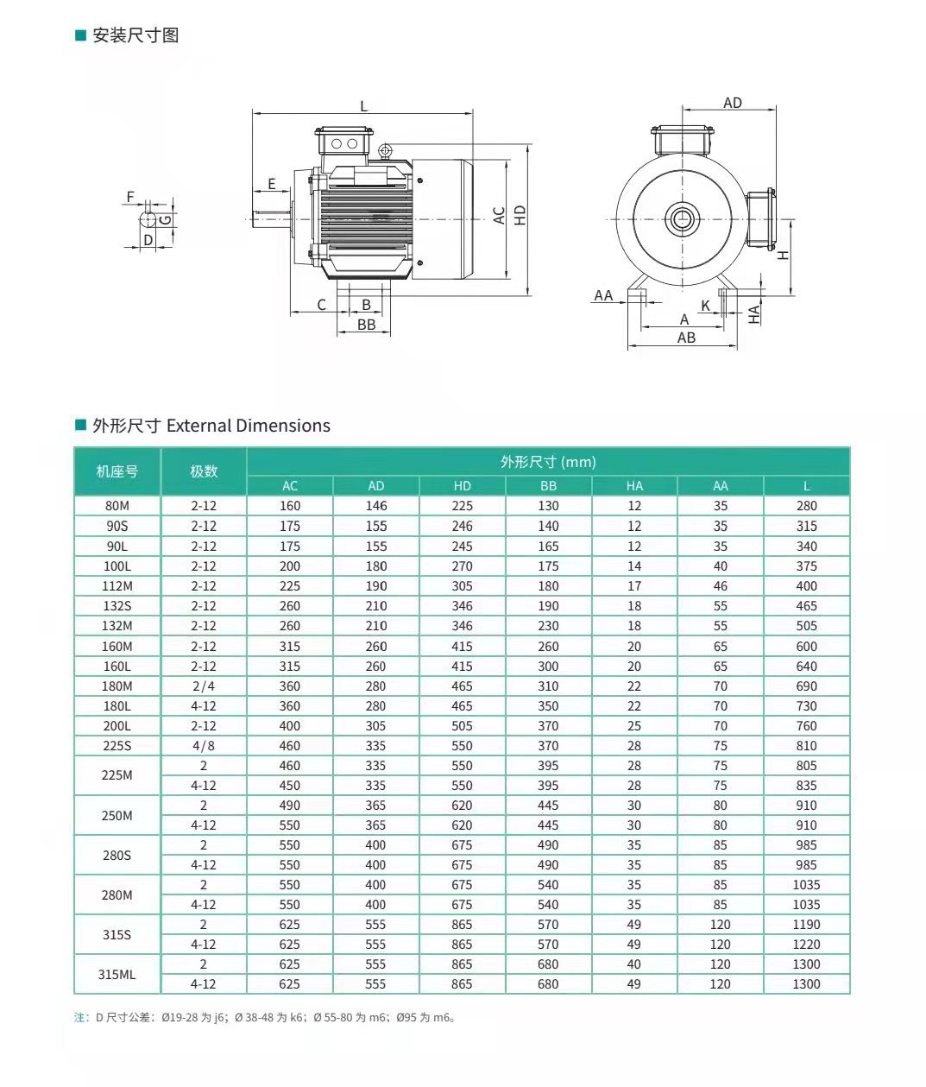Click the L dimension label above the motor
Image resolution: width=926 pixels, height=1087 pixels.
[363, 106]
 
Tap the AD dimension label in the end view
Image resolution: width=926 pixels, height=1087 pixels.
[732, 103]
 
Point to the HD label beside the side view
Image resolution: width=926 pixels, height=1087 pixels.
[520, 215]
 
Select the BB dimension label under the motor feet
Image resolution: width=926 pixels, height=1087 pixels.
[366, 325]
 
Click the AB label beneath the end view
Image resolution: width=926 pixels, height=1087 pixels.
[686, 338]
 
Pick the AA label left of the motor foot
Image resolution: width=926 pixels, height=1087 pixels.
[603, 295]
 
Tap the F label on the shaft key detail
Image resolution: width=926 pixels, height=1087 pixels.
[131, 197]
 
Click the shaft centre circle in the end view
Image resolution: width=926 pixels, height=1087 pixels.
[682, 218]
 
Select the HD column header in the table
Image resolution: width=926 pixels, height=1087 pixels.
[462, 486]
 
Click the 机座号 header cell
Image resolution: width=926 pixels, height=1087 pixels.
[117, 471]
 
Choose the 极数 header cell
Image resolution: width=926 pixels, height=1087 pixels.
[204, 471]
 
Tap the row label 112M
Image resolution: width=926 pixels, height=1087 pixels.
[117, 586]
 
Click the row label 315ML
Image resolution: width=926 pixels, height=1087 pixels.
[117, 974]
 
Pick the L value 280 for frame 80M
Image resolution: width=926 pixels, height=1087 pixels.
[806, 506]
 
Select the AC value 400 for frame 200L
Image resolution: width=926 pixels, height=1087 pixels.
[290, 726]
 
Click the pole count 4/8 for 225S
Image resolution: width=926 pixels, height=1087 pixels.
[204, 746]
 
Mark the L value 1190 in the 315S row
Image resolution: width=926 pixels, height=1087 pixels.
[806, 925]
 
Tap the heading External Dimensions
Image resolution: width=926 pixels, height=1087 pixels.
[249, 426]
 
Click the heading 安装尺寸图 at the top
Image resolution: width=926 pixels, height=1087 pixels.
[135, 35]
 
